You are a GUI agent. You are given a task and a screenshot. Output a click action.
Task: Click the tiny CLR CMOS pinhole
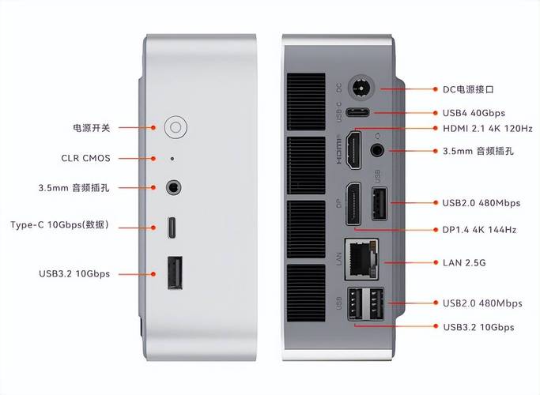(x=173, y=158)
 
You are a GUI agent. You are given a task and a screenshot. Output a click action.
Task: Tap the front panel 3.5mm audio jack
(x=173, y=188)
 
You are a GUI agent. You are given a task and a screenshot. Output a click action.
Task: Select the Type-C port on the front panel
(x=173, y=228)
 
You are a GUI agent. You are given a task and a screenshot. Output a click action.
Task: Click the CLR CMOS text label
(x=86, y=158)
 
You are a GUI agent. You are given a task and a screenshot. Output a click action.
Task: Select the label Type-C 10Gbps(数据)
(x=70, y=225)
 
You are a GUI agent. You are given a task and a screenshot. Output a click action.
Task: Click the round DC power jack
(x=362, y=88)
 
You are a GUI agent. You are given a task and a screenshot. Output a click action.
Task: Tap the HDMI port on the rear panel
(x=354, y=149)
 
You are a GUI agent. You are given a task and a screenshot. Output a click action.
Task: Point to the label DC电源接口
(x=473, y=90)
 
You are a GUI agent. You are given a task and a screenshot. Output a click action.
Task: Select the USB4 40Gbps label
(x=474, y=113)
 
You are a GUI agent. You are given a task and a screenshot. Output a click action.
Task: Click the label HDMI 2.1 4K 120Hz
(x=487, y=128)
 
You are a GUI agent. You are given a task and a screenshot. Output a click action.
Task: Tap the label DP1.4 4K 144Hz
(x=479, y=229)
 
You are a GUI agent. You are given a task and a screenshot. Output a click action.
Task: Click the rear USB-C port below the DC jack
(x=361, y=113)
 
